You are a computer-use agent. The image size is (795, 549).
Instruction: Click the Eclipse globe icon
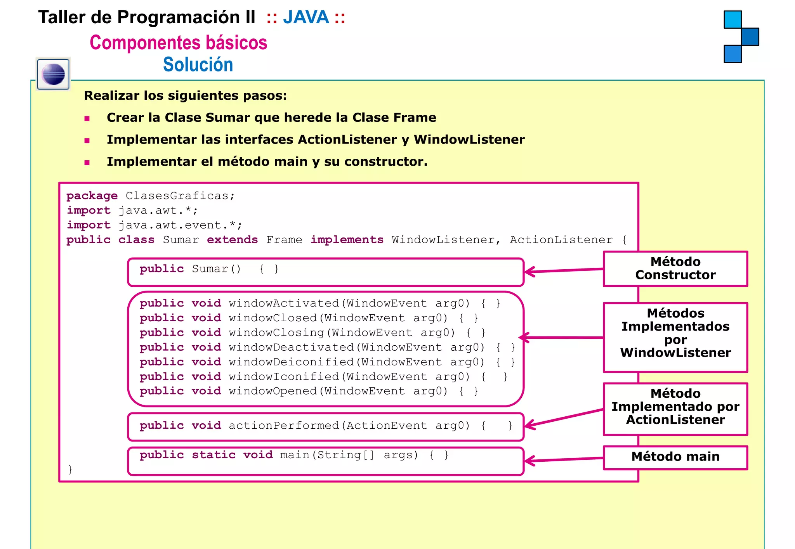click(53, 74)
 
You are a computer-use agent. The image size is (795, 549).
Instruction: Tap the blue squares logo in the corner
click(741, 36)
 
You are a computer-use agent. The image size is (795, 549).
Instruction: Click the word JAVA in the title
click(306, 17)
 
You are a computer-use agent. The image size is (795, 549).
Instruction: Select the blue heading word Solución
click(198, 64)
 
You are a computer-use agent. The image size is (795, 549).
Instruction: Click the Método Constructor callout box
click(675, 268)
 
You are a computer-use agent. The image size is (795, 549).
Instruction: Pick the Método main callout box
click(675, 457)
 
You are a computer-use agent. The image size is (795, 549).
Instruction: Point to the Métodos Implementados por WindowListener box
click(675, 337)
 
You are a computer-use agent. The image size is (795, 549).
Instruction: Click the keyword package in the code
click(92, 196)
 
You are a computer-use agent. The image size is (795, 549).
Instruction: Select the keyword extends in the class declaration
click(232, 240)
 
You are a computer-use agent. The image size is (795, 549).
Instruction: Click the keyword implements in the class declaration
click(347, 240)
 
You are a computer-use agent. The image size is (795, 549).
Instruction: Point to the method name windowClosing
click(276, 333)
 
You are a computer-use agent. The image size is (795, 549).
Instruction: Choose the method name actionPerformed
click(284, 426)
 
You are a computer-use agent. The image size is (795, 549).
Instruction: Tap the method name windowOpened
click(273, 391)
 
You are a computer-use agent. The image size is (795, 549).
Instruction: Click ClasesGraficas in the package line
click(177, 196)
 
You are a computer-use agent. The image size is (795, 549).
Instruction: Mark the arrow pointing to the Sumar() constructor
click(563, 270)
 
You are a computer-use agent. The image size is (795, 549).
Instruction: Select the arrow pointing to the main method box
click(563, 460)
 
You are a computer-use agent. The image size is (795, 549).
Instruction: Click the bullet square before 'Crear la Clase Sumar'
click(87, 118)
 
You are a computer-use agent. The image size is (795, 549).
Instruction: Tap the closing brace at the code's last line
click(70, 469)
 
